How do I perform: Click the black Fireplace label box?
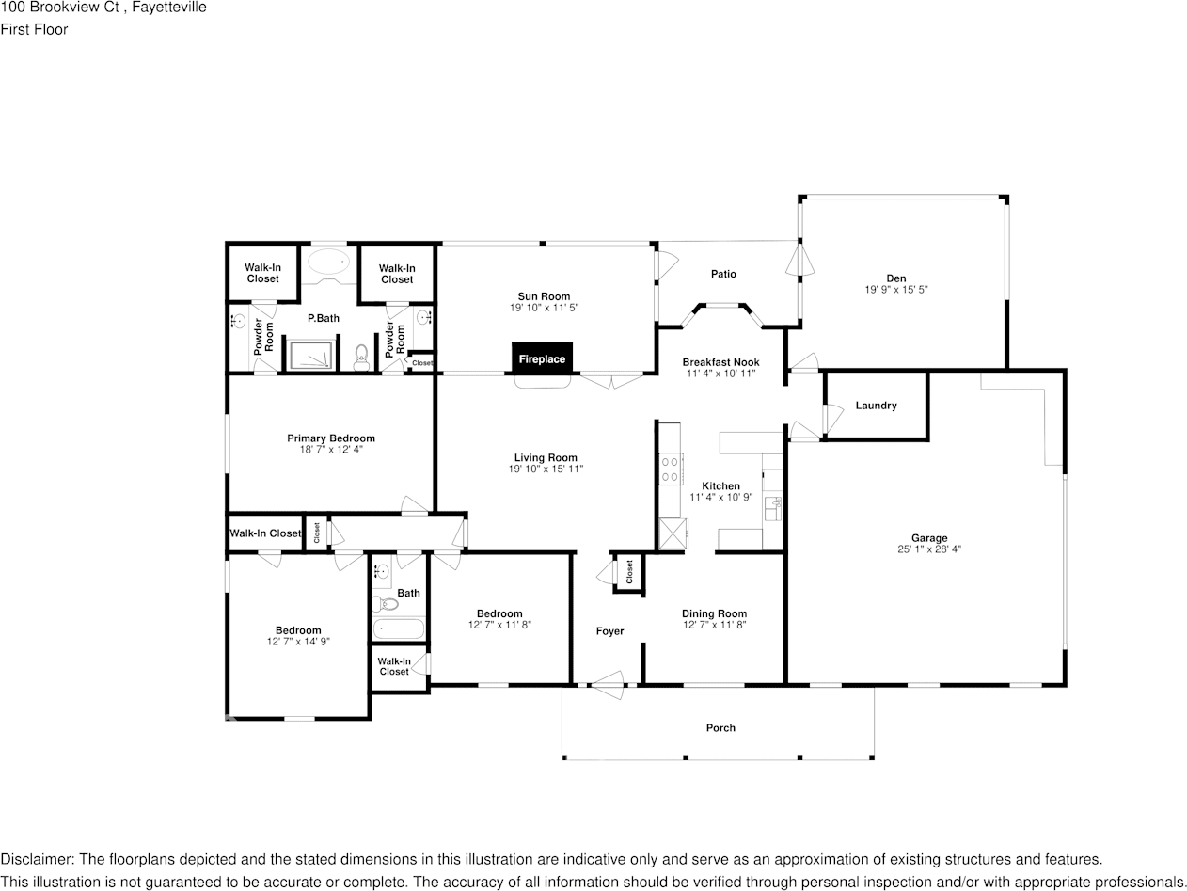(543, 358)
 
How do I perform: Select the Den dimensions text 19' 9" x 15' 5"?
(896, 290)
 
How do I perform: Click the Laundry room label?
(876, 406)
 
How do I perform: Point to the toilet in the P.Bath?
(361, 358)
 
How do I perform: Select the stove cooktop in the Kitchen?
(671, 469)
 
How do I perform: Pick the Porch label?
(720, 727)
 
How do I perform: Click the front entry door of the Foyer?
(608, 685)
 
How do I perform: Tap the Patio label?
(723, 274)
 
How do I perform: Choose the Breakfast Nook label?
(720, 362)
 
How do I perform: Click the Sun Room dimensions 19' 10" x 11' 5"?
(544, 308)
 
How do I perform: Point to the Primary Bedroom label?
(330, 438)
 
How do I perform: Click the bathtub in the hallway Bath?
(399, 628)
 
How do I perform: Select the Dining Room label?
(714, 613)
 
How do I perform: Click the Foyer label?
(609, 631)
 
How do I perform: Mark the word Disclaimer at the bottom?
(37, 859)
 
